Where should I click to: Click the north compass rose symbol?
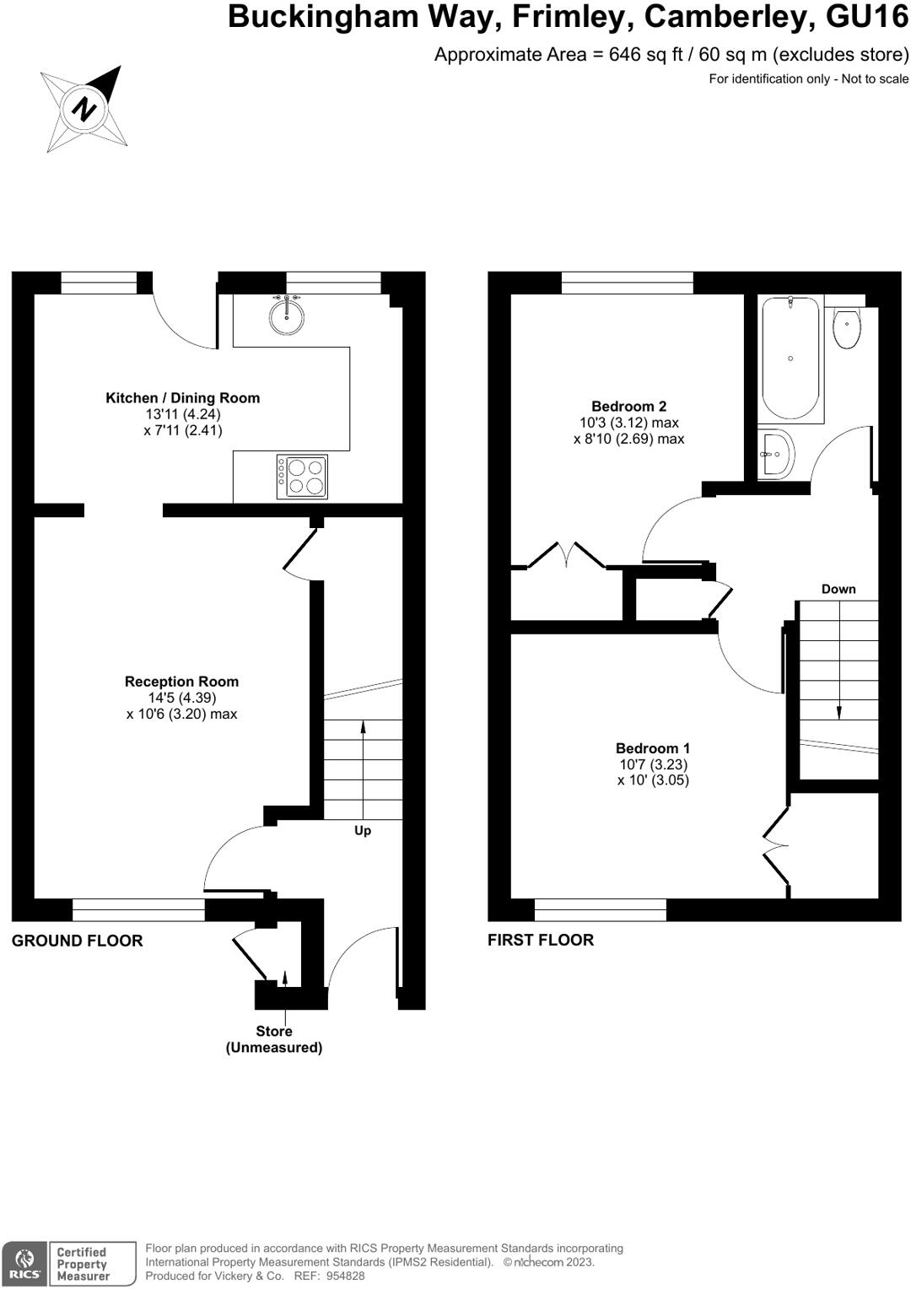point(84,109)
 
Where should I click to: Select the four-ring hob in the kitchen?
point(302,477)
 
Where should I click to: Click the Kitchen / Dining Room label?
point(182,398)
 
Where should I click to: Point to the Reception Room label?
point(181,682)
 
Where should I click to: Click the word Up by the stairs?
point(363,831)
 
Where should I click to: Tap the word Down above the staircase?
point(838,590)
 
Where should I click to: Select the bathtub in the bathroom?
point(790,359)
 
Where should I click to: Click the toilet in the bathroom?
point(846,328)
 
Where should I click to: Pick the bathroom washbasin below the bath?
point(774,455)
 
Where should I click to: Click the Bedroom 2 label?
point(628,407)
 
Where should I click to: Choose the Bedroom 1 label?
point(653,748)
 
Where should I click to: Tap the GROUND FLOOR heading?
point(77,941)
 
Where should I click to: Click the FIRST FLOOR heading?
point(541,940)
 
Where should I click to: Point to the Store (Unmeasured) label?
point(274,1039)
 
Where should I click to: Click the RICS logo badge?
point(24,1265)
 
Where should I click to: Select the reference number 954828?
point(346,1276)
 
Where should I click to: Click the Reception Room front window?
point(138,909)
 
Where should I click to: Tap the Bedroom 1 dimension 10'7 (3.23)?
point(653,764)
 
